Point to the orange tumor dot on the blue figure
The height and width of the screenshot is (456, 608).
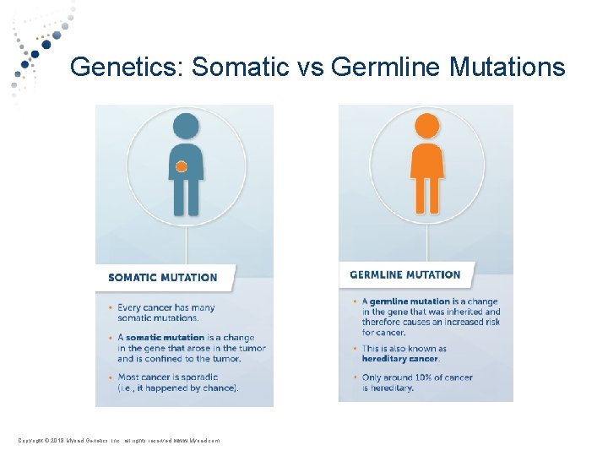tap(181, 167)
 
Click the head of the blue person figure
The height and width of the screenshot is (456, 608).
tap(185, 127)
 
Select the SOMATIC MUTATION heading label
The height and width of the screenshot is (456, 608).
tap(163, 277)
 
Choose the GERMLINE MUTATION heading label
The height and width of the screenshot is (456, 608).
tap(405, 274)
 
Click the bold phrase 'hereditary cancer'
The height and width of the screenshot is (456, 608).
tap(400, 358)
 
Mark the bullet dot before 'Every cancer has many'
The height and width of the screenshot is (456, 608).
tap(111, 308)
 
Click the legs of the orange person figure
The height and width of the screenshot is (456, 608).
tap(426, 196)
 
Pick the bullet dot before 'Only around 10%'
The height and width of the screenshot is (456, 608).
tap(356, 377)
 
